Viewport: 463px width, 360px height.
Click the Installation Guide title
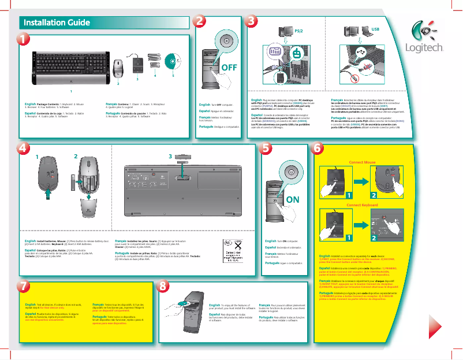tap(57, 23)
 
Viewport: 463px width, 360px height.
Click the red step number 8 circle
tap(163, 287)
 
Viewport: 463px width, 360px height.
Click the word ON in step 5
tap(292, 199)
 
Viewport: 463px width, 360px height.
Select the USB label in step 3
tap(375, 28)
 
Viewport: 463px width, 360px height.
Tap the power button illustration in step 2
tap(226, 42)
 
